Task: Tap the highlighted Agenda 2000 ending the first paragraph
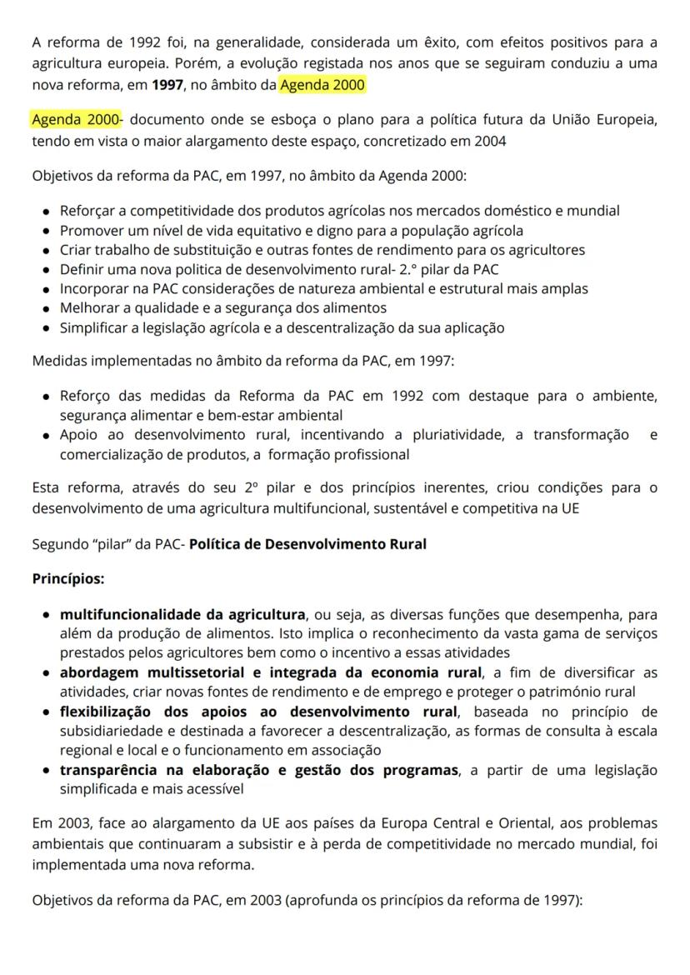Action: (x=322, y=85)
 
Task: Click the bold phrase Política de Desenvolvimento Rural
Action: (x=307, y=544)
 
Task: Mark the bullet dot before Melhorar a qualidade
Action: (x=46, y=309)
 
